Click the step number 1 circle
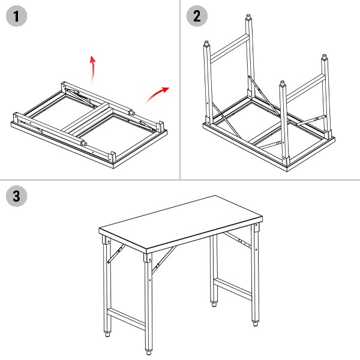click(x=16, y=16)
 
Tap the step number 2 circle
click(x=197, y=16)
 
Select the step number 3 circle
click(x=16, y=196)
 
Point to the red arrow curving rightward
click(x=157, y=94)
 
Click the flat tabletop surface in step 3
click(x=181, y=222)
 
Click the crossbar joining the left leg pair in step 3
click(x=126, y=319)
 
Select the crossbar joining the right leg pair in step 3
click(x=233, y=289)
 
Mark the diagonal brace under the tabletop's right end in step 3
click(x=237, y=239)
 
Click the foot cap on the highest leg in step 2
click(x=248, y=17)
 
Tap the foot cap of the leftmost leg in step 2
click(x=206, y=43)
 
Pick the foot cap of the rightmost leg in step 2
click(x=324, y=57)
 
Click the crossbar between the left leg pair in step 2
click(x=230, y=49)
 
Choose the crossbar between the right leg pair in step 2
click(x=305, y=88)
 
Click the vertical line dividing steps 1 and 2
click(x=180, y=89)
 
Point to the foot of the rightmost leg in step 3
click(x=256, y=323)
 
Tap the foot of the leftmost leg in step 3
click(x=107, y=334)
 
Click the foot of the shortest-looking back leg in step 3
click(x=214, y=304)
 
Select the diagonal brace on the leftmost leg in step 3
click(x=116, y=254)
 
